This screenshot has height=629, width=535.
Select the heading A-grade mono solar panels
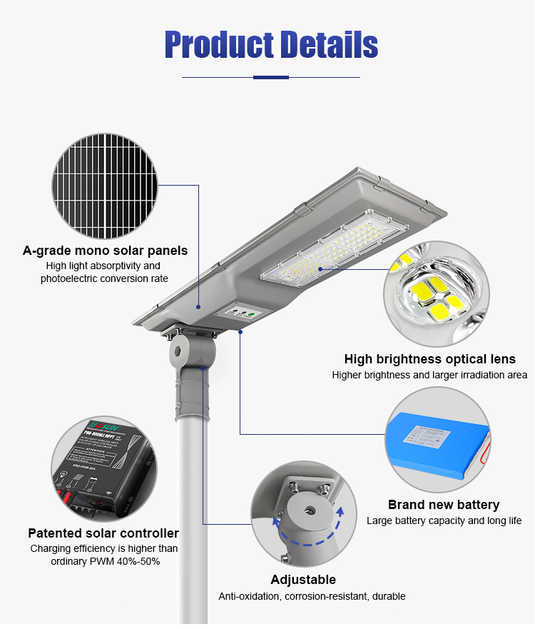[x=105, y=251]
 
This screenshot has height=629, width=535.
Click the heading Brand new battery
[x=444, y=505]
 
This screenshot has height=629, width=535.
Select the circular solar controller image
[x=103, y=468]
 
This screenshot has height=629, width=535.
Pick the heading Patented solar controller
[x=103, y=533]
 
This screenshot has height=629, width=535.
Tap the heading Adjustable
[x=303, y=580]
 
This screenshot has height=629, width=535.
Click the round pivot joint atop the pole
[x=190, y=351]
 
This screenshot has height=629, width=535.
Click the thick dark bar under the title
[x=271, y=77]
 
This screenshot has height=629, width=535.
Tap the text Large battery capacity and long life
[x=444, y=521]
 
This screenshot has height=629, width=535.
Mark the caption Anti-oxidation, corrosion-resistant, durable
[x=312, y=596]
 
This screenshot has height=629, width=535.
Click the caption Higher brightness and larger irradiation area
[x=429, y=375]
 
